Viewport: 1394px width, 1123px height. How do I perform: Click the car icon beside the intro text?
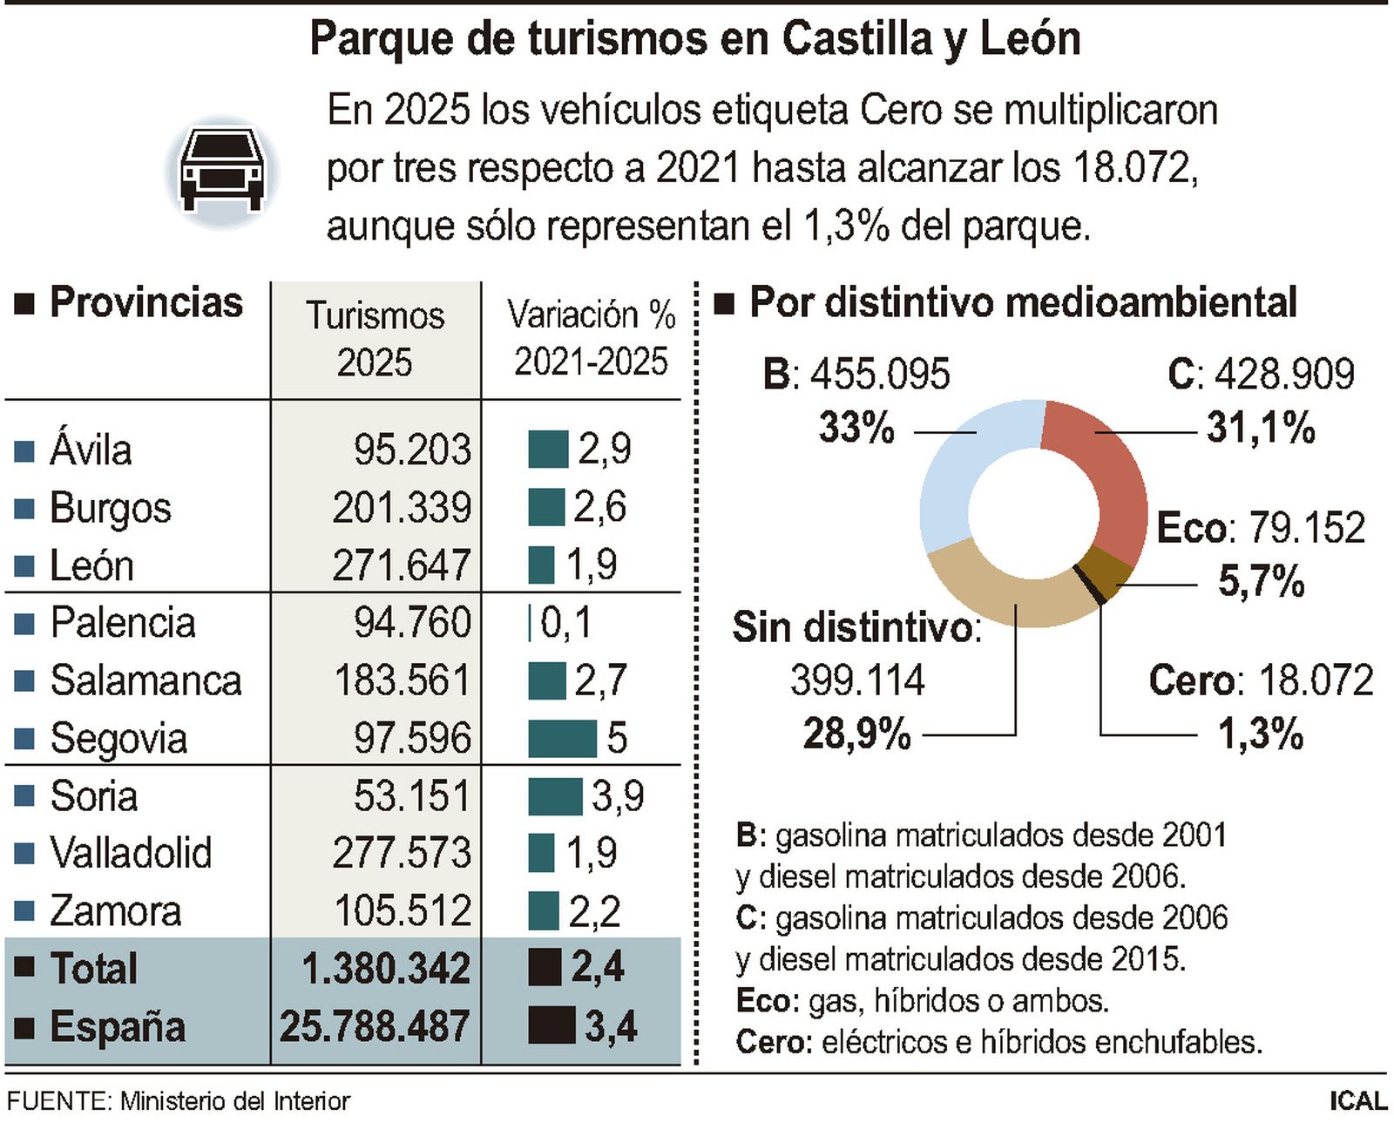click(x=221, y=171)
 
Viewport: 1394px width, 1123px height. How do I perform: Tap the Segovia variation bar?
click(x=562, y=738)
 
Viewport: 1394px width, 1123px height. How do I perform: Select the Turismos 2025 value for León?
click(x=401, y=565)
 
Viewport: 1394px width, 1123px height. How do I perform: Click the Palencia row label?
click(x=122, y=623)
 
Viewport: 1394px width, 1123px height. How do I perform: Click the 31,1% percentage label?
click(x=1260, y=428)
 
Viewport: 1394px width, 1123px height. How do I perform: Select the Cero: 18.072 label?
click(x=1260, y=680)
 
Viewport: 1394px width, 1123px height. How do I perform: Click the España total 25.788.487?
click(x=375, y=1026)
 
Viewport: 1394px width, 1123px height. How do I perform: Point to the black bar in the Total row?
click(x=545, y=968)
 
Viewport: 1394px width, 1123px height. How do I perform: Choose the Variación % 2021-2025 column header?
click(x=591, y=338)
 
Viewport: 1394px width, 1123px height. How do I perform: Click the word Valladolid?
click(x=131, y=853)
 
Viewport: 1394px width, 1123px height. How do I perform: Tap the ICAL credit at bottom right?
click(x=1357, y=1101)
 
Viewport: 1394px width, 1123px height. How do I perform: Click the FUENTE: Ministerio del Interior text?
click(x=178, y=1101)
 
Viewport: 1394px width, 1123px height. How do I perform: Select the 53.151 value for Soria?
click(x=411, y=795)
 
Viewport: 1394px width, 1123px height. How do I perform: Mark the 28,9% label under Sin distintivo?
click(x=856, y=734)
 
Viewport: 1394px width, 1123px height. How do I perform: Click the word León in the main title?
click(x=1030, y=39)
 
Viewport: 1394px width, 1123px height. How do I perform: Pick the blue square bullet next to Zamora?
click(x=24, y=911)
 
